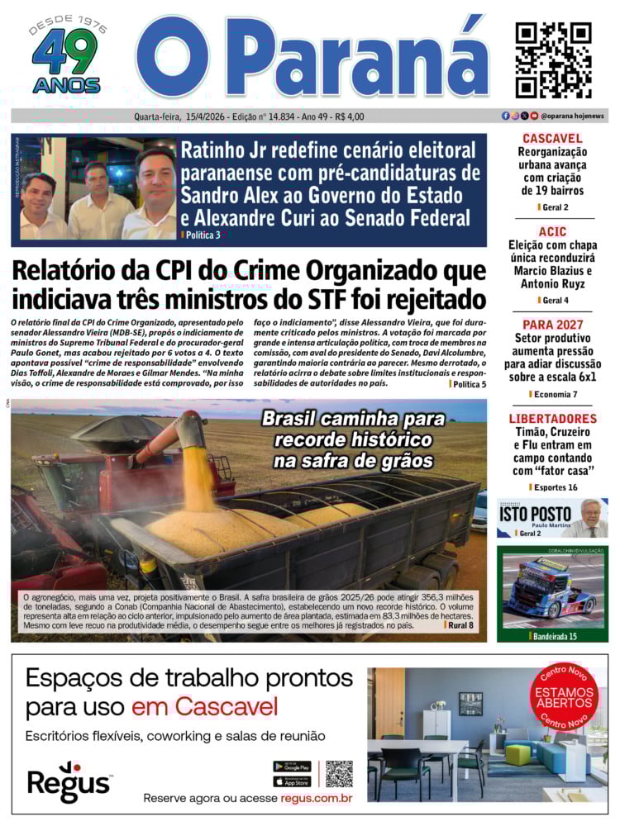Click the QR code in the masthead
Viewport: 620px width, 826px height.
553,59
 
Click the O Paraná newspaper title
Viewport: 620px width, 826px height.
312,58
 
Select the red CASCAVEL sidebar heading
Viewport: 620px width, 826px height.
552,139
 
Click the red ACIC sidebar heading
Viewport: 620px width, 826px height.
552,233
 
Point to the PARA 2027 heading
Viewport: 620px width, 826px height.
552,325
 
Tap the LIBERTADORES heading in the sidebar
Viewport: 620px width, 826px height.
552,419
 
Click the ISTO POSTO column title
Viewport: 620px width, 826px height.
535,513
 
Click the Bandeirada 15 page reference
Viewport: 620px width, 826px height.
553,636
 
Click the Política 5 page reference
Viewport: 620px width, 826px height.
470,384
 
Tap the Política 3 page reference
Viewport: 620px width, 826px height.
203,235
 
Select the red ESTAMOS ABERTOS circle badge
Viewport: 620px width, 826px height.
564,697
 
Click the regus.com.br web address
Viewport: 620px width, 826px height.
317,798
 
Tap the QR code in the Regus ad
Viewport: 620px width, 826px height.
339,774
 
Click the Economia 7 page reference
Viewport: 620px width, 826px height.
555,395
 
